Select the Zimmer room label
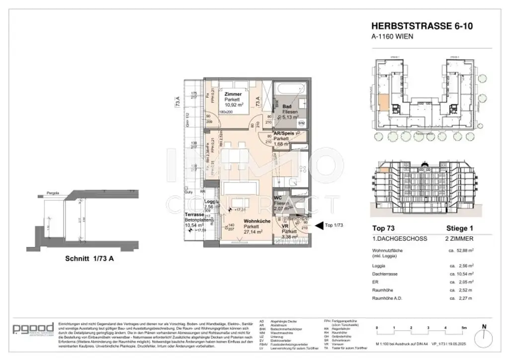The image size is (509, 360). (x=233, y=94)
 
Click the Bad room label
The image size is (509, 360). (x=287, y=107)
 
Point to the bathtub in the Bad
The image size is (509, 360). (x=291, y=91)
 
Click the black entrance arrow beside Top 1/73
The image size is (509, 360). (x=319, y=225)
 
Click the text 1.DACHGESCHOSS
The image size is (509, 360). (x=399, y=239)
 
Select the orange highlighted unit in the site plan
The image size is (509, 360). (x=384, y=103)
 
